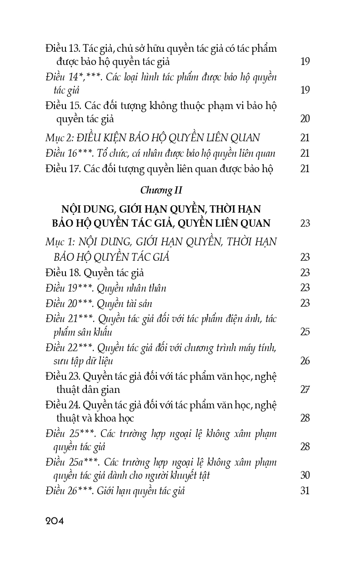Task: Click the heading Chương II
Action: coord(161,191)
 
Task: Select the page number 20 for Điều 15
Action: coord(305,119)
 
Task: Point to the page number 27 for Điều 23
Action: coord(305,390)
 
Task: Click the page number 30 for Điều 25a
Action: coord(305,475)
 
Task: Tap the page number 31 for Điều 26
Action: coord(305,491)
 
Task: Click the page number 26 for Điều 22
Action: coord(305,361)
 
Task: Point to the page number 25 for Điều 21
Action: coord(305,332)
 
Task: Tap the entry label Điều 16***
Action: coord(68,153)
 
